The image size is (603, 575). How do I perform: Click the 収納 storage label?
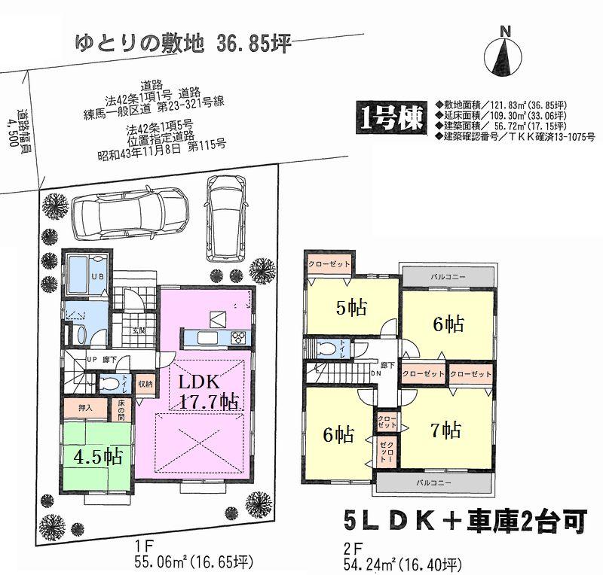[145, 383]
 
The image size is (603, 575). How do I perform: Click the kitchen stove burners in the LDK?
[237, 336]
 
